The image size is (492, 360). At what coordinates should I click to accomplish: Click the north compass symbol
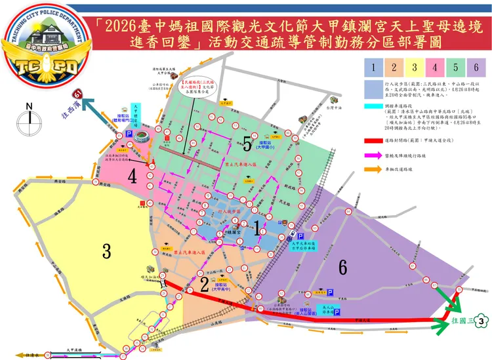(x=28, y=121)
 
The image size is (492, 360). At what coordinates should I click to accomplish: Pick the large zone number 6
(x=342, y=267)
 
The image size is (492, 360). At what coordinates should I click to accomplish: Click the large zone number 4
(x=132, y=176)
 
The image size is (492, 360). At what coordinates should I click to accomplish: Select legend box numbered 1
(x=373, y=67)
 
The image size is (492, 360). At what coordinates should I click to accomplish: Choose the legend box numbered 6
(x=476, y=67)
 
